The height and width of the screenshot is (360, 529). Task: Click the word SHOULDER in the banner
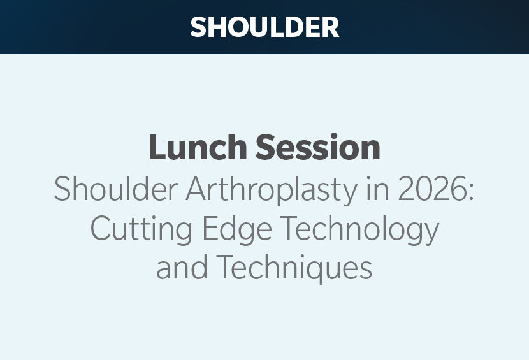click(x=264, y=27)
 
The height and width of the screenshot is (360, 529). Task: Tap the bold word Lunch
click(x=198, y=147)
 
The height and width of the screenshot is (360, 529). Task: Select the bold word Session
click(x=318, y=147)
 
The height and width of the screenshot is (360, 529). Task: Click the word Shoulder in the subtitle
click(x=116, y=189)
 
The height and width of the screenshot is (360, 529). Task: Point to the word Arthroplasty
click(x=272, y=190)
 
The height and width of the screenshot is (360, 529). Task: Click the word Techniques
click(x=294, y=268)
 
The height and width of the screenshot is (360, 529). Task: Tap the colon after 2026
click(x=470, y=193)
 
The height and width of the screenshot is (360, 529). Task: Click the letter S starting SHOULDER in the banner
click(x=198, y=27)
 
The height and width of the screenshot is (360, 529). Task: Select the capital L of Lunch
click(x=158, y=147)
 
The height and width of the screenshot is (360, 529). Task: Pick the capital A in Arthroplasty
click(x=198, y=189)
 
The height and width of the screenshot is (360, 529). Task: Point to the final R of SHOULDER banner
click(x=331, y=27)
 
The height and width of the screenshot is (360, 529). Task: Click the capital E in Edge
click(x=210, y=227)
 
